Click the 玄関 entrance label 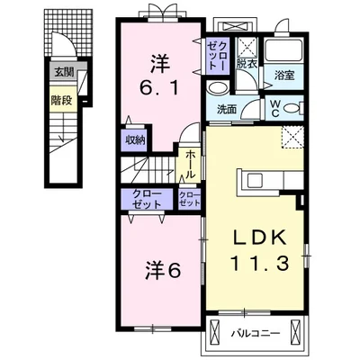(64, 72)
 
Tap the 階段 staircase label (61, 101)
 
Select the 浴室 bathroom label (283, 76)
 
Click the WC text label (275, 108)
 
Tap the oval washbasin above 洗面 (217, 88)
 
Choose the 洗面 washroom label (227, 110)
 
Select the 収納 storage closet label (135, 140)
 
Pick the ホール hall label (189, 165)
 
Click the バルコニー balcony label (256, 333)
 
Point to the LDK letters (260, 238)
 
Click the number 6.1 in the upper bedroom (160, 88)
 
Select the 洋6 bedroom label (164, 271)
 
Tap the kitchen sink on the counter (255, 181)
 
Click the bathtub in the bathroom (283, 51)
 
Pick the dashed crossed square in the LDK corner (292, 138)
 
